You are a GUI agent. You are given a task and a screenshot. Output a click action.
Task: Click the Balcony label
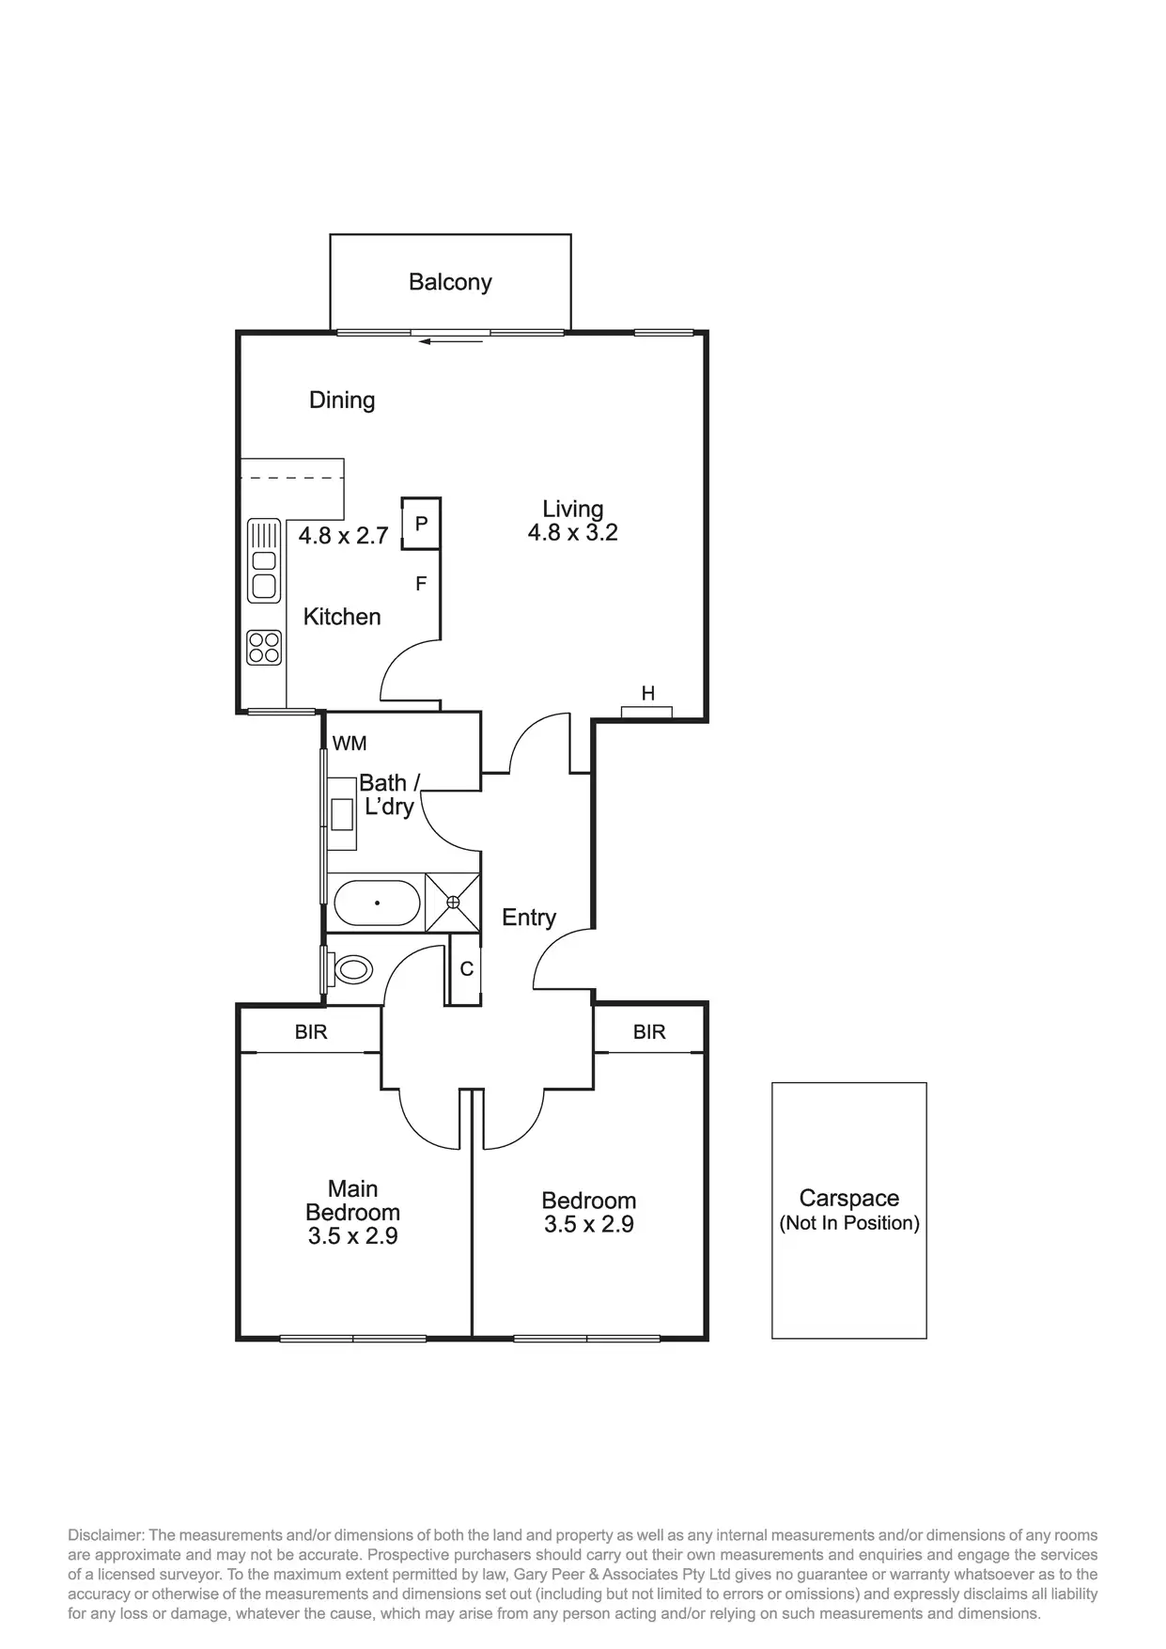[450, 282]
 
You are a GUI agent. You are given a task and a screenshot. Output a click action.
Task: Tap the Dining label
[342, 400]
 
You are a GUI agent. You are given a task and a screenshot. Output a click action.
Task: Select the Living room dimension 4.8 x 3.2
[572, 533]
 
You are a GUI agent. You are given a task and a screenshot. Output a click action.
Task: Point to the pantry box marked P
[421, 523]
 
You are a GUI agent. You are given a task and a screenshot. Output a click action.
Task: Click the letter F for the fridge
[421, 584]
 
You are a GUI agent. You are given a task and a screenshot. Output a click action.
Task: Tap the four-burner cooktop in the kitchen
[264, 648]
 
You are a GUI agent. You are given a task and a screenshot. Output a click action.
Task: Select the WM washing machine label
[350, 744]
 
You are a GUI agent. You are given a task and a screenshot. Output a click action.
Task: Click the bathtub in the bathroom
[377, 903]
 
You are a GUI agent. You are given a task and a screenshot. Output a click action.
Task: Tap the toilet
[351, 969]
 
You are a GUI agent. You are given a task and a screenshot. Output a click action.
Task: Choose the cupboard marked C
[466, 969]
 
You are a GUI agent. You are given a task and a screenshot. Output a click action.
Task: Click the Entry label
[529, 918]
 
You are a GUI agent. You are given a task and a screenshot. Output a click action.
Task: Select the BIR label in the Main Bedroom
[311, 1032]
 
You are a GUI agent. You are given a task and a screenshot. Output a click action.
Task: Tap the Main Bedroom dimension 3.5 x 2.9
[352, 1236]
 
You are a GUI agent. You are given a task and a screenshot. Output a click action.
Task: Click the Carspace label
[848, 1199]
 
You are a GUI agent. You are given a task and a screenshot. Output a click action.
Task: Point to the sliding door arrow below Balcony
[451, 341]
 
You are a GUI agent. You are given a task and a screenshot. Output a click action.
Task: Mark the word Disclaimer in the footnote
[102, 1535]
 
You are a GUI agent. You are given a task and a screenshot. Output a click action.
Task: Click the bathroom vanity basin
[341, 813]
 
